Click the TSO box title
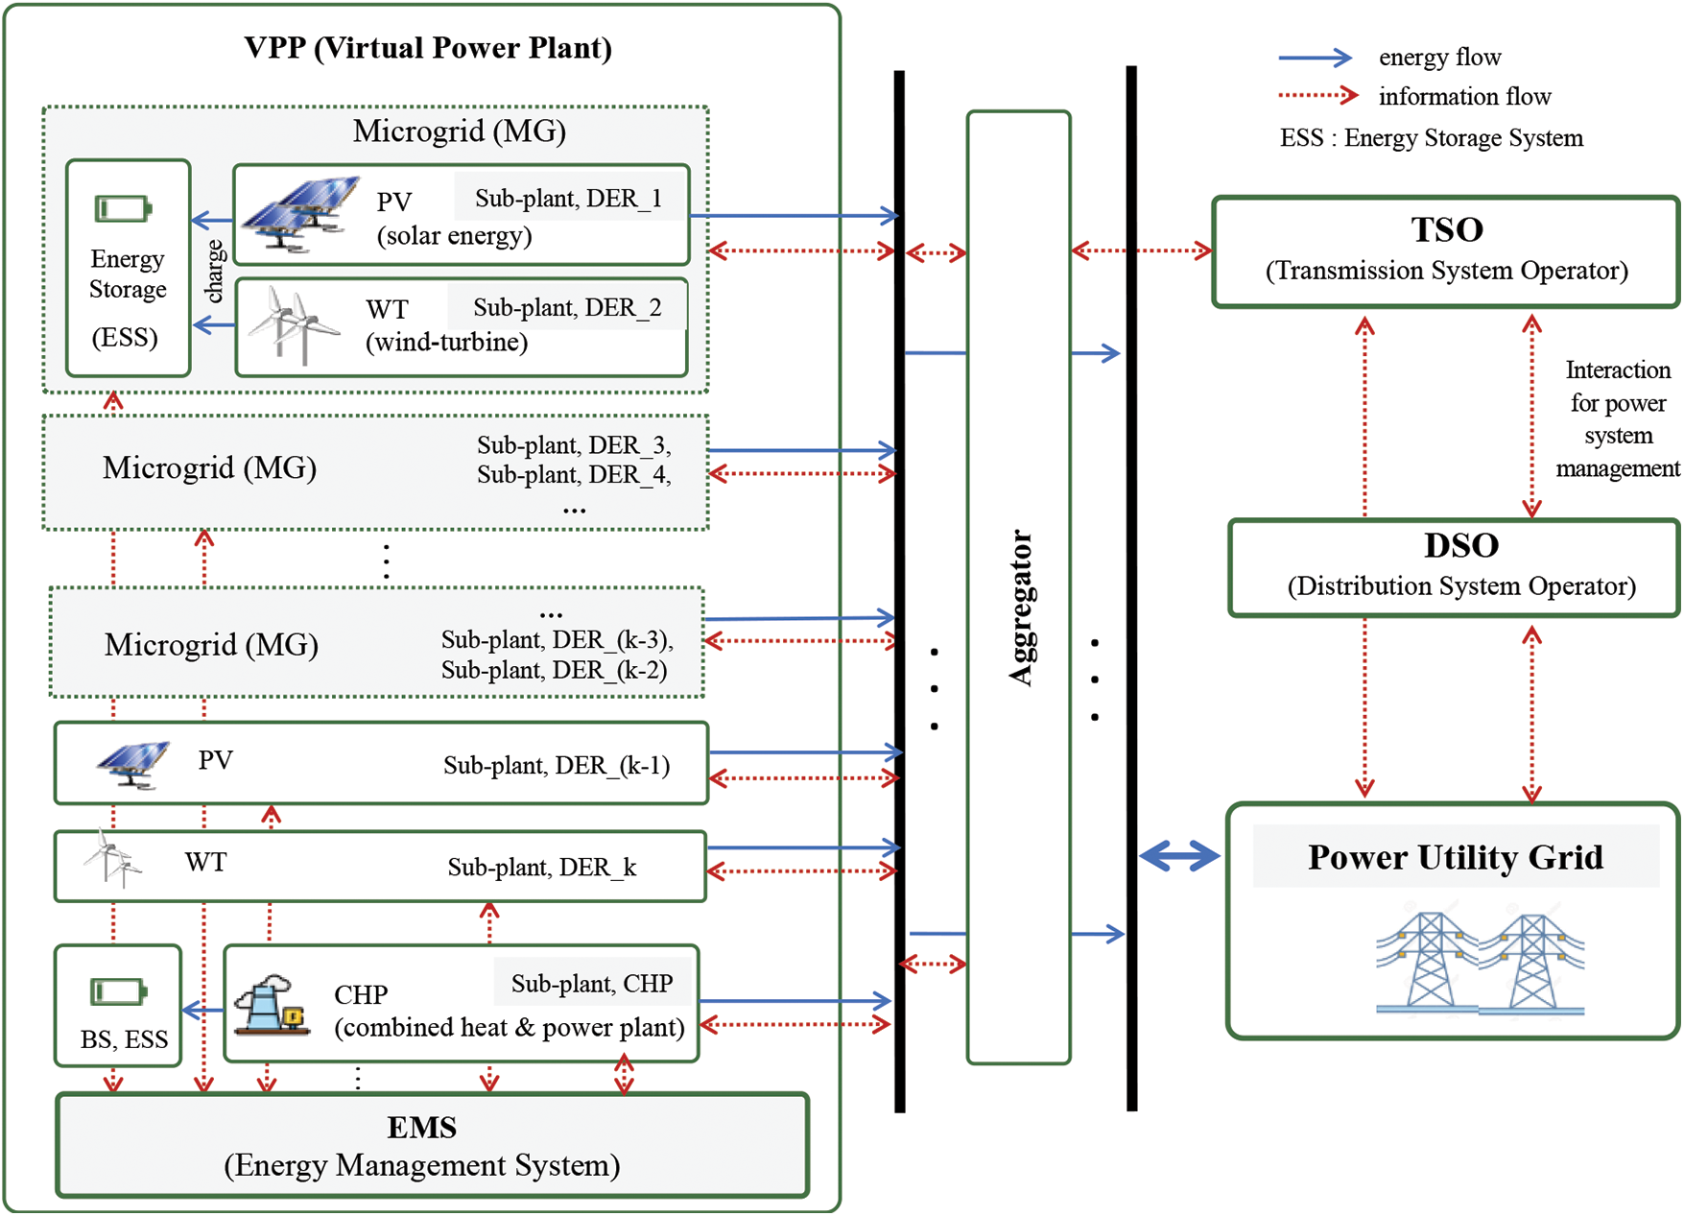coord(1446,230)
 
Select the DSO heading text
coord(1460,546)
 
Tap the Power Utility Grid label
coord(1455,857)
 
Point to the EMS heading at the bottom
coord(421,1128)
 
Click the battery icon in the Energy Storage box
coord(123,208)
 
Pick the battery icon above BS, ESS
coord(118,991)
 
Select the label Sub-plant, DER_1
coord(568,199)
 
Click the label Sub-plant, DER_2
coord(567,308)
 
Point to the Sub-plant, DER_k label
coord(541,868)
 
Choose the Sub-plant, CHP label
coord(591,984)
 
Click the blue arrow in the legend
coord(1315,59)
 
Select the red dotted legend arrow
coord(1317,96)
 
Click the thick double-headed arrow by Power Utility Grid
coord(1179,855)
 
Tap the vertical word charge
coord(215,271)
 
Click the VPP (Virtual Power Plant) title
coord(428,48)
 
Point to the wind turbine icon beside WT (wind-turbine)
coord(292,326)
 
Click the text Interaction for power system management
coord(1617,419)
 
